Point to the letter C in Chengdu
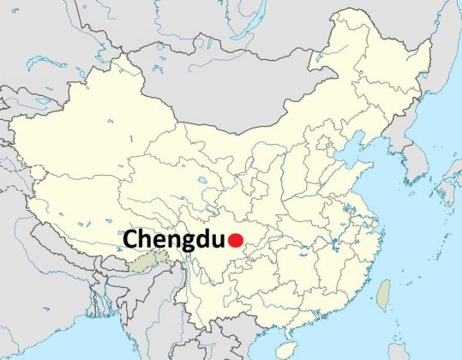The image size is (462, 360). coord(133,240)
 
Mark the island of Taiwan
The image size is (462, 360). coord(383,291)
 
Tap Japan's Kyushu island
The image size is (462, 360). coord(442,211)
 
